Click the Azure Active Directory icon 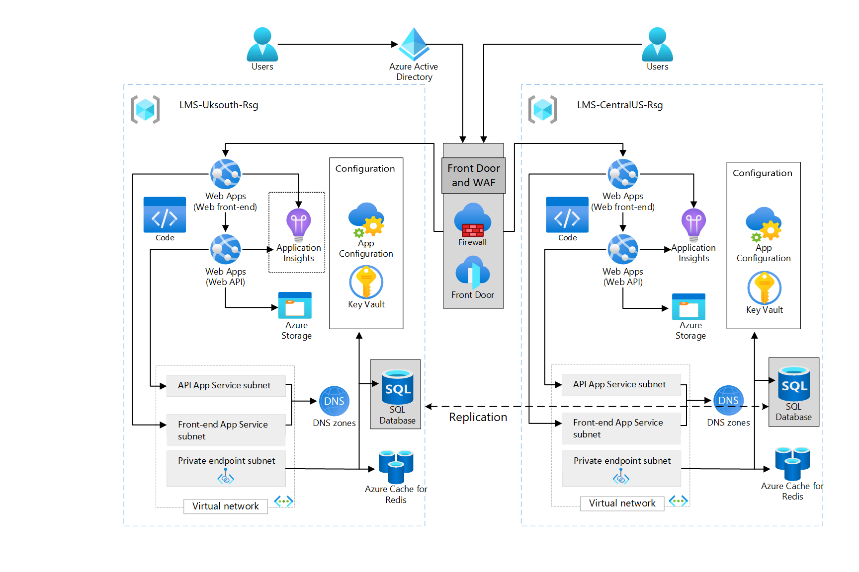click(414, 44)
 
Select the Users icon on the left click(262, 44)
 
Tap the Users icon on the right click(657, 44)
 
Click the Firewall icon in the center click(473, 220)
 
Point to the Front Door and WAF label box click(474, 175)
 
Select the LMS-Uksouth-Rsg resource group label click(219, 105)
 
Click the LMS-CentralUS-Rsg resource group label click(619, 105)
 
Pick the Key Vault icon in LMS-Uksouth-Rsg click(366, 282)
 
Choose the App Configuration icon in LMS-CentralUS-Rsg click(764, 224)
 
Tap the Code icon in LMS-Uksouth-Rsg click(165, 215)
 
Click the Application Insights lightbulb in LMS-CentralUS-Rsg click(694, 224)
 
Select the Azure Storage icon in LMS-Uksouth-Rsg click(295, 305)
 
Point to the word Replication click(478, 417)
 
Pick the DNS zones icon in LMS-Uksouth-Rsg click(334, 401)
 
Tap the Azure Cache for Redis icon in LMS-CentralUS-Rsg click(792, 463)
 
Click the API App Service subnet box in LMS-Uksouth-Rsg click(226, 386)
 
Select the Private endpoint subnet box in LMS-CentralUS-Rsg click(621, 468)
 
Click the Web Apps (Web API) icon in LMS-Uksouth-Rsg click(226, 249)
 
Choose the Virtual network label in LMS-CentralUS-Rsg click(622, 503)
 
